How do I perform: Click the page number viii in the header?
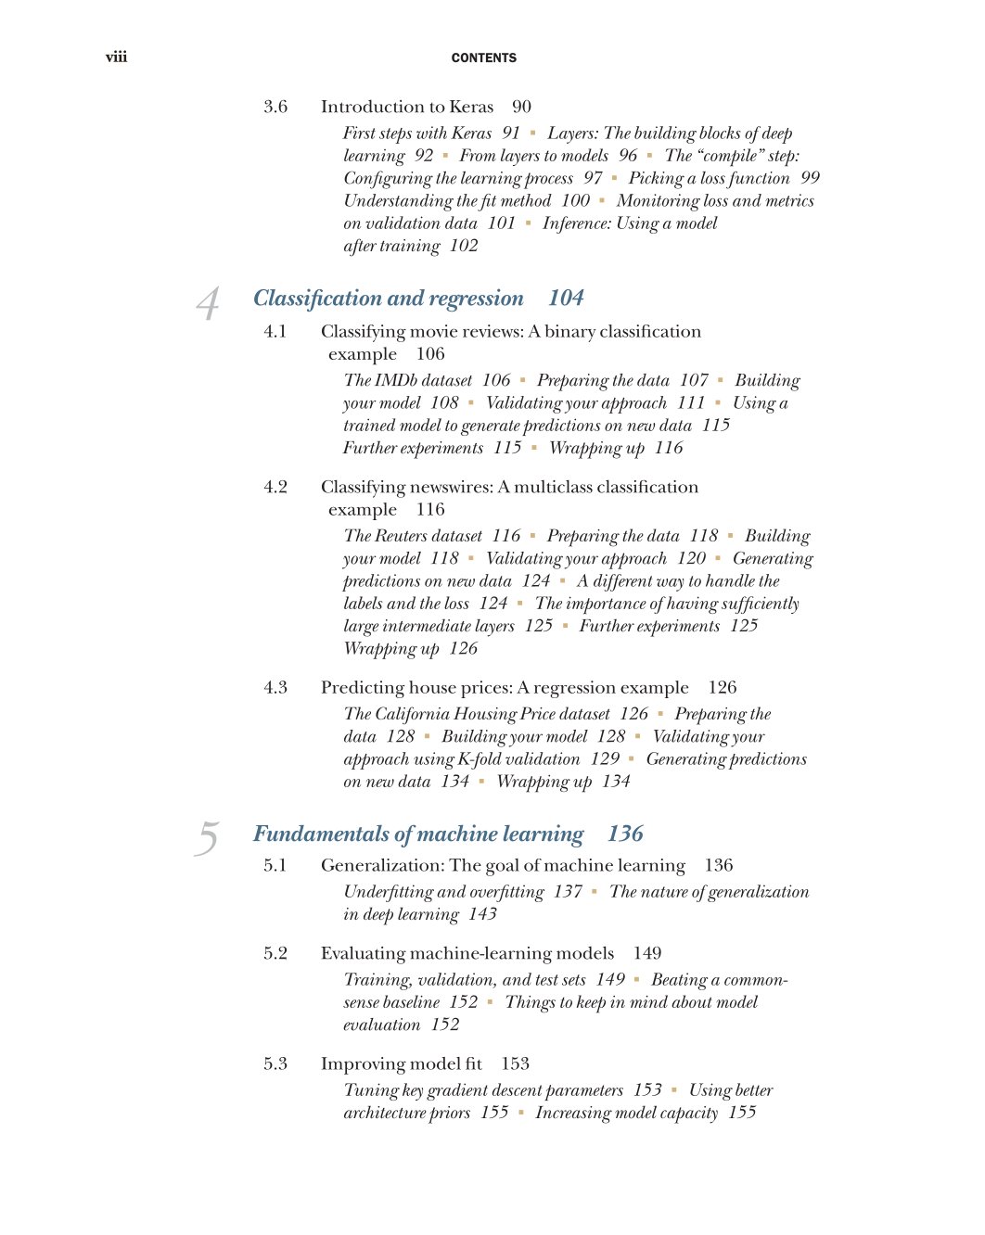coord(116,57)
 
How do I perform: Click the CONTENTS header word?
coord(483,57)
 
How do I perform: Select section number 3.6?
coord(275,107)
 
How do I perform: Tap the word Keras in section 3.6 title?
coord(471,107)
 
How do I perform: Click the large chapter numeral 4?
coord(209,303)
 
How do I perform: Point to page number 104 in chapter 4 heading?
coord(566,298)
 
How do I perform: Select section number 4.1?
coord(275,331)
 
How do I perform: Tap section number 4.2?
coord(275,487)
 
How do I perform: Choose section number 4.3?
coord(275,687)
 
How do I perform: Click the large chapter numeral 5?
coord(207,838)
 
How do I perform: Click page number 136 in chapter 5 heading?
coord(625,834)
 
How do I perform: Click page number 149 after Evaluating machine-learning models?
coord(647,953)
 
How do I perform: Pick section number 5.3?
coord(275,1063)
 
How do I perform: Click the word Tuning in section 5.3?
coord(370,1090)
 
